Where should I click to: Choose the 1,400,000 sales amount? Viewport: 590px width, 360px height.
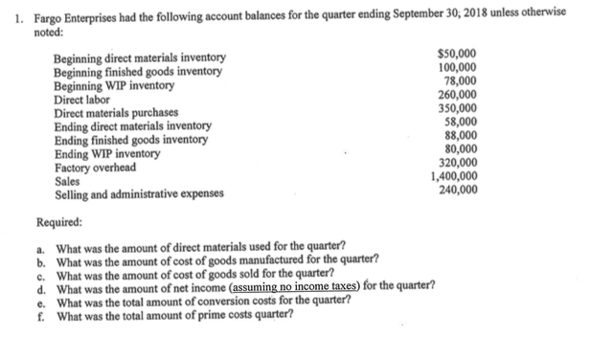click(454, 177)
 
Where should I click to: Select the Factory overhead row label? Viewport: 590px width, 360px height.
click(95, 167)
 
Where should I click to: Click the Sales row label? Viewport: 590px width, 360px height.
click(68, 179)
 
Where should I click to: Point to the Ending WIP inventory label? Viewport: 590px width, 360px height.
click(107, 153)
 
